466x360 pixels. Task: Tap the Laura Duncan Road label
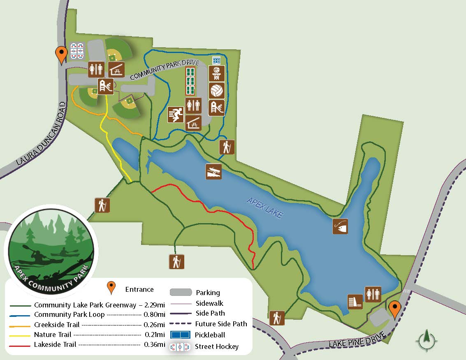tap(41, 134)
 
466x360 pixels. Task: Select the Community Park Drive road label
tap(165, 70)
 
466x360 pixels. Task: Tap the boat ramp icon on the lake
tap(214, 171)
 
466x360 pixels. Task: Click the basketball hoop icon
tap(217, 74)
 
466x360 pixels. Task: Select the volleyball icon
tap(217, 90)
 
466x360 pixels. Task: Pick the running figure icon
tap(176, 114)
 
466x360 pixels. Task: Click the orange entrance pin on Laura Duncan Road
tap(62, 55)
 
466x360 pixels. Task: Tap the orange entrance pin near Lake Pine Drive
tap(395, 309)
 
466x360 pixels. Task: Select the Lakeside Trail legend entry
tap(55, 344)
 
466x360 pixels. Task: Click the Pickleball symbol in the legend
tap(181, 335)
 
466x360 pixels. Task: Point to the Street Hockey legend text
tap(217, 346)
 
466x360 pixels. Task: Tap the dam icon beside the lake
tap(355, 302)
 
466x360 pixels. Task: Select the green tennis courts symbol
tap(190, 81)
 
